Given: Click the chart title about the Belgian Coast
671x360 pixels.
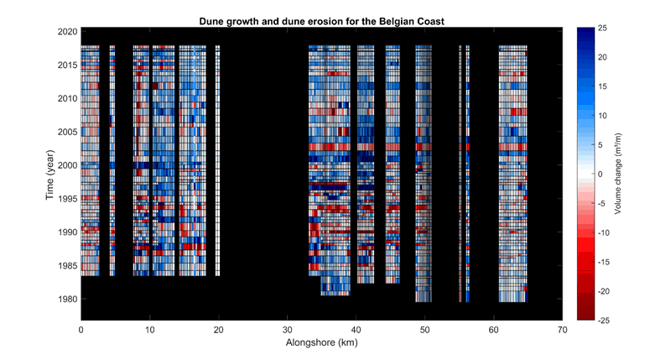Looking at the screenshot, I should tap(322, 19).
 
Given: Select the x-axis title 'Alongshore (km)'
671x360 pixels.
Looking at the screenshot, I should tap(322, 344).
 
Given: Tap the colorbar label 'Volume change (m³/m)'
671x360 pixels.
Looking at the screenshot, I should tap(617, 174).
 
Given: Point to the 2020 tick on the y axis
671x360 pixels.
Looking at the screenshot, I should tap(67, 32).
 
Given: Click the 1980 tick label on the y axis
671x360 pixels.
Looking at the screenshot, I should tap(67, 299).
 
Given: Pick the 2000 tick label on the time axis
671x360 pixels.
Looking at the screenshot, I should tap(67, 165).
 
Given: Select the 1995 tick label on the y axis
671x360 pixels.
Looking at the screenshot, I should tap(67, 199).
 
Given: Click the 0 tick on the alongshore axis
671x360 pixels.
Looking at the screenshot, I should tap(81, 330).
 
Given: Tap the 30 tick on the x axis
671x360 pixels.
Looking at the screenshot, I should tap(287, 330).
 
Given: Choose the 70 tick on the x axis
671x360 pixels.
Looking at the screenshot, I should tap(562, 330).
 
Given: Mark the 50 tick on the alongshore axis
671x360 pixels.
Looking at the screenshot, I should tap(424, 330).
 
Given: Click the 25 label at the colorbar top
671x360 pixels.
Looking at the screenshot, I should tap(602, 29).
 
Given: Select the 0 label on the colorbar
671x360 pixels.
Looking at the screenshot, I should tap(600, 174).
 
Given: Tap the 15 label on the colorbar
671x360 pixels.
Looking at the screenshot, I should tap(602, 86).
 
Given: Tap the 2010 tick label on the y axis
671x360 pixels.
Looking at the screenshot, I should tap(67, 98).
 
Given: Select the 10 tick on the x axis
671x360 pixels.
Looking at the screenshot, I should tap(149, 330).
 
